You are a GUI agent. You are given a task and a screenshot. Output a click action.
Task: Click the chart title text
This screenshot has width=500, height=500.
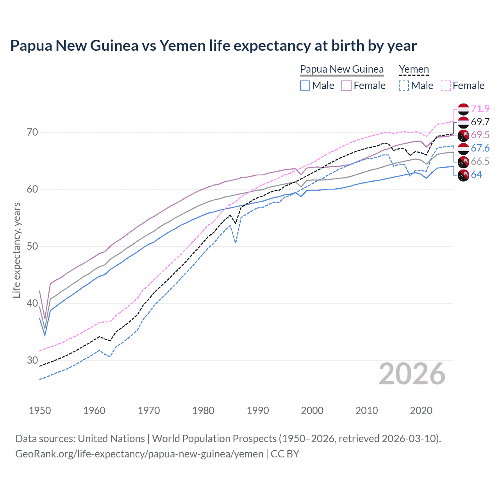(213, 46)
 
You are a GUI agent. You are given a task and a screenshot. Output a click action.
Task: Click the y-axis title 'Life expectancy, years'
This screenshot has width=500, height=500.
(16, 250)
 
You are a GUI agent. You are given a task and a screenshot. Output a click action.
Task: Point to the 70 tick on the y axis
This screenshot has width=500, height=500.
(32, 132)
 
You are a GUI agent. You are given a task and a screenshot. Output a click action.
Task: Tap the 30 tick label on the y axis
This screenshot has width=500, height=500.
(32, 360)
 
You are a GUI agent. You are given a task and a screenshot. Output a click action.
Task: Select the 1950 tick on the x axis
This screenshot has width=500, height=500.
(40, 411)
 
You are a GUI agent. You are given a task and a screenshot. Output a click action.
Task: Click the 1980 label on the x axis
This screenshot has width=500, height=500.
(203, 411)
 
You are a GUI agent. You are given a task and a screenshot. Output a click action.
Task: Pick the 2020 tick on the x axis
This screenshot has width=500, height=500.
(421, 411)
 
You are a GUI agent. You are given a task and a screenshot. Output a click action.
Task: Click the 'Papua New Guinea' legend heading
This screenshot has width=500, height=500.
(342, 69)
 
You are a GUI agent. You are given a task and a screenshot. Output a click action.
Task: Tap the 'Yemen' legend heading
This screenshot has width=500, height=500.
(414, 69)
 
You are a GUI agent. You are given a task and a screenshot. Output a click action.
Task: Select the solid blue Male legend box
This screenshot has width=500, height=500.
(305, 86)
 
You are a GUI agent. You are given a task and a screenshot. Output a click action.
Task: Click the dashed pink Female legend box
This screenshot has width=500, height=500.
(446, 86)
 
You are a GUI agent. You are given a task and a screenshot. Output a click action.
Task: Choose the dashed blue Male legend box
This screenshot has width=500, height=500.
(404, 86)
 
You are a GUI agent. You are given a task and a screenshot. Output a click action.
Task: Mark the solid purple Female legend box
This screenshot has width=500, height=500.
(346, 86)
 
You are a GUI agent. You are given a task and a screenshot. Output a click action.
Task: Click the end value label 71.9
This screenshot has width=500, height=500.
(480, 109)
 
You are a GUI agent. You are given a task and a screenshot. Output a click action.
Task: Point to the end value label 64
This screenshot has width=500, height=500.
(476, 175)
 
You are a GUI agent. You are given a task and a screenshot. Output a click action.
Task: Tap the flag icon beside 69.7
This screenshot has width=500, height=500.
(463, 122)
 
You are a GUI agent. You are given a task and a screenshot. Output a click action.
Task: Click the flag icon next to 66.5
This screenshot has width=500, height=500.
(463, 162)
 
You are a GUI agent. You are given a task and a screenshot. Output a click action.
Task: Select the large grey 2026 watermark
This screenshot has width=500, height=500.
(412, 374)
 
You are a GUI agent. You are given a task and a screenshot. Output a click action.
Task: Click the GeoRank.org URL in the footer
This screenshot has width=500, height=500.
(139, 454)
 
